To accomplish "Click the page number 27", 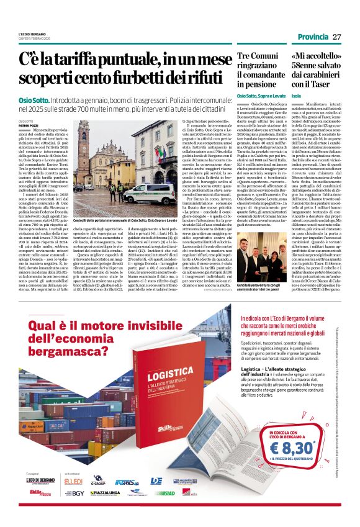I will point(336,37).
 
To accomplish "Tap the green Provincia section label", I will point(312,37).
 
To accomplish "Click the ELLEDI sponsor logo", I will point(74,480).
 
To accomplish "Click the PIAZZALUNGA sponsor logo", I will point(105,493).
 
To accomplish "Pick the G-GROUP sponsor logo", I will point(98,480).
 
